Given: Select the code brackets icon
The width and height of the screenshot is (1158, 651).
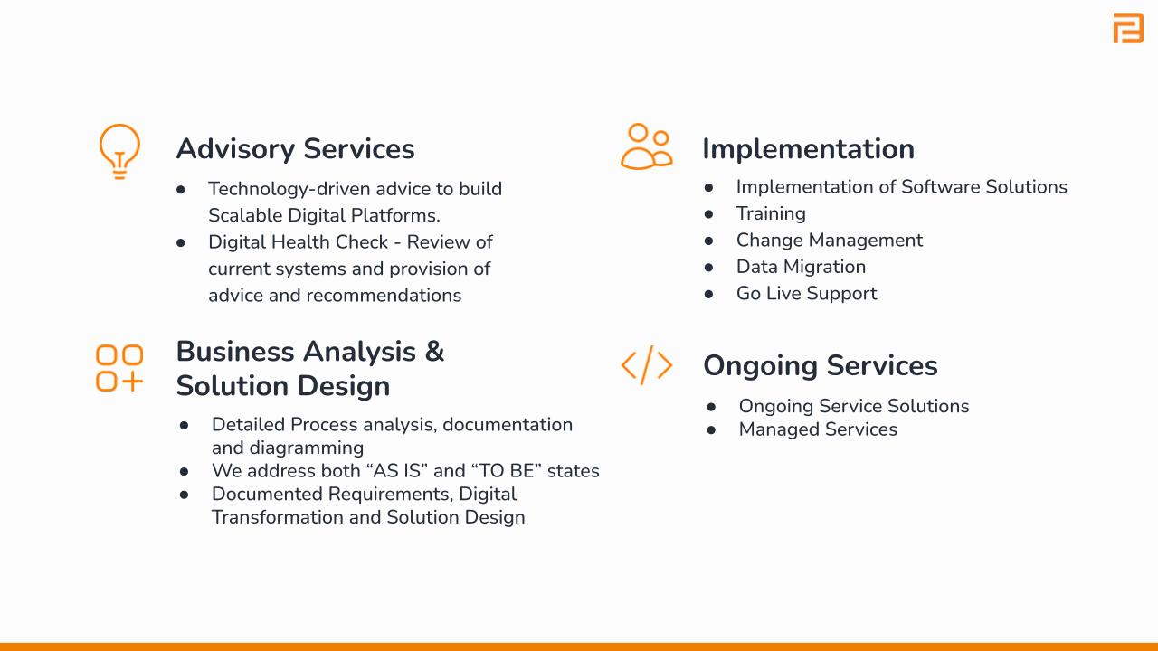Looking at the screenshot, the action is [x=646, y=365].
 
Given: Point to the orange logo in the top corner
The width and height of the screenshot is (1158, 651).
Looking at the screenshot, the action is [x=1128, y=28].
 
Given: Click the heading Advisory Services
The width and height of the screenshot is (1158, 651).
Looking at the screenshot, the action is [x=295, y=149].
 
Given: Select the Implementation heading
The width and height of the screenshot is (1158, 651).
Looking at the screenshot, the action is [x=809, y=149].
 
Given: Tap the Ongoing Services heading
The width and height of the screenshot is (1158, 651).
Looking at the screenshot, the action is [x=821, y=366].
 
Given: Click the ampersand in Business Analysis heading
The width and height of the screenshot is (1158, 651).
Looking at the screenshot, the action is [x=434, y=352].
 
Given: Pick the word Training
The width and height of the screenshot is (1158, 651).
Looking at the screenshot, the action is [x=771, y=213].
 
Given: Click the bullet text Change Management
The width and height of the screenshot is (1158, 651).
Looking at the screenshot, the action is [x=830, y=241].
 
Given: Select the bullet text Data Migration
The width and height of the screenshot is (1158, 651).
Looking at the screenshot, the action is [x=801, y=267].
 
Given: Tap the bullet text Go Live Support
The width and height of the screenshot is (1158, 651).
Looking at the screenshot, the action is [x=806, y=294].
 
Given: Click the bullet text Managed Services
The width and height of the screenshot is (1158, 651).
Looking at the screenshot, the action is [x=818, y=429].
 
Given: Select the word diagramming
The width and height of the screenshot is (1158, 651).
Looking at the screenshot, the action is [x=307, y=448].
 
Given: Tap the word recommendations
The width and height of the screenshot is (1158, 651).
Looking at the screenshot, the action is [x=384, y=296].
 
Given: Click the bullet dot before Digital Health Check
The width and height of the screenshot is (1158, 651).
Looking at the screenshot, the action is [x=180, y=242].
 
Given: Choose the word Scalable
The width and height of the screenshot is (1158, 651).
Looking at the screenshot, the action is [x=245, y=215].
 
